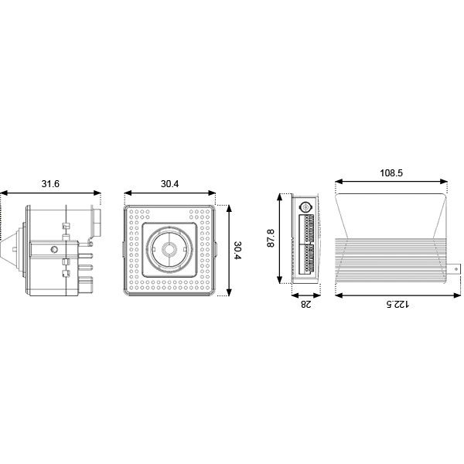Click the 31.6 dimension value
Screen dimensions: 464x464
point(49,184)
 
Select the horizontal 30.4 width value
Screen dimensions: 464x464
point(170,184)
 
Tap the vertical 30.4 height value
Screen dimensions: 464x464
point(238,250)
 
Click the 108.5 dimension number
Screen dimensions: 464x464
point(391,173)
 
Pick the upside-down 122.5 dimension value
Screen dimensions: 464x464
point(396,304)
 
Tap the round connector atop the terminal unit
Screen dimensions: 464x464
point(305,208)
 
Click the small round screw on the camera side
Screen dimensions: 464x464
point(53,249)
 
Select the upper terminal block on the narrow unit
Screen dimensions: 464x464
point(306,229)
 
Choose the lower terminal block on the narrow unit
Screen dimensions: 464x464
point(306,264)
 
